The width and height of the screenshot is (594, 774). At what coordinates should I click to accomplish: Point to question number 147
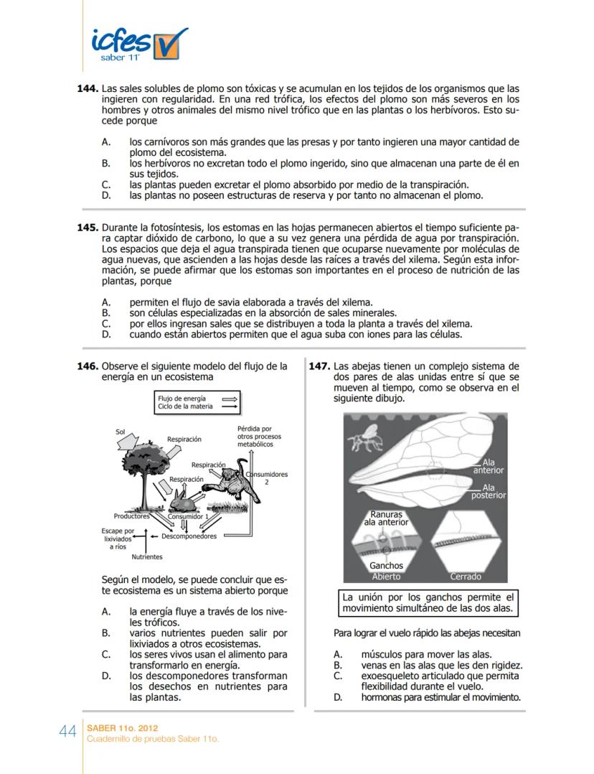click(319, 366)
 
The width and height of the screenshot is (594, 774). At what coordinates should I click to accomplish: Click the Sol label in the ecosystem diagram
click(120, 432)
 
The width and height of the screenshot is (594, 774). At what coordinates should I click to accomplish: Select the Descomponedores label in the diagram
click(189, 536)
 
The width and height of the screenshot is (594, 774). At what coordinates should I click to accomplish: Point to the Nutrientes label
click(146, 556)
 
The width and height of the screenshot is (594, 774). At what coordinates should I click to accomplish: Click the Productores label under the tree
click(131, 516)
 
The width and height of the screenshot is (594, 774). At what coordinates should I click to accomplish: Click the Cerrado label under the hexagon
click(466, 577)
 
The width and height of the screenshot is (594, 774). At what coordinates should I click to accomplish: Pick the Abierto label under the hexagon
click(387, 577)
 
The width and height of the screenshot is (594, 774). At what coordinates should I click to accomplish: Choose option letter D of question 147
click(338, 696)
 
